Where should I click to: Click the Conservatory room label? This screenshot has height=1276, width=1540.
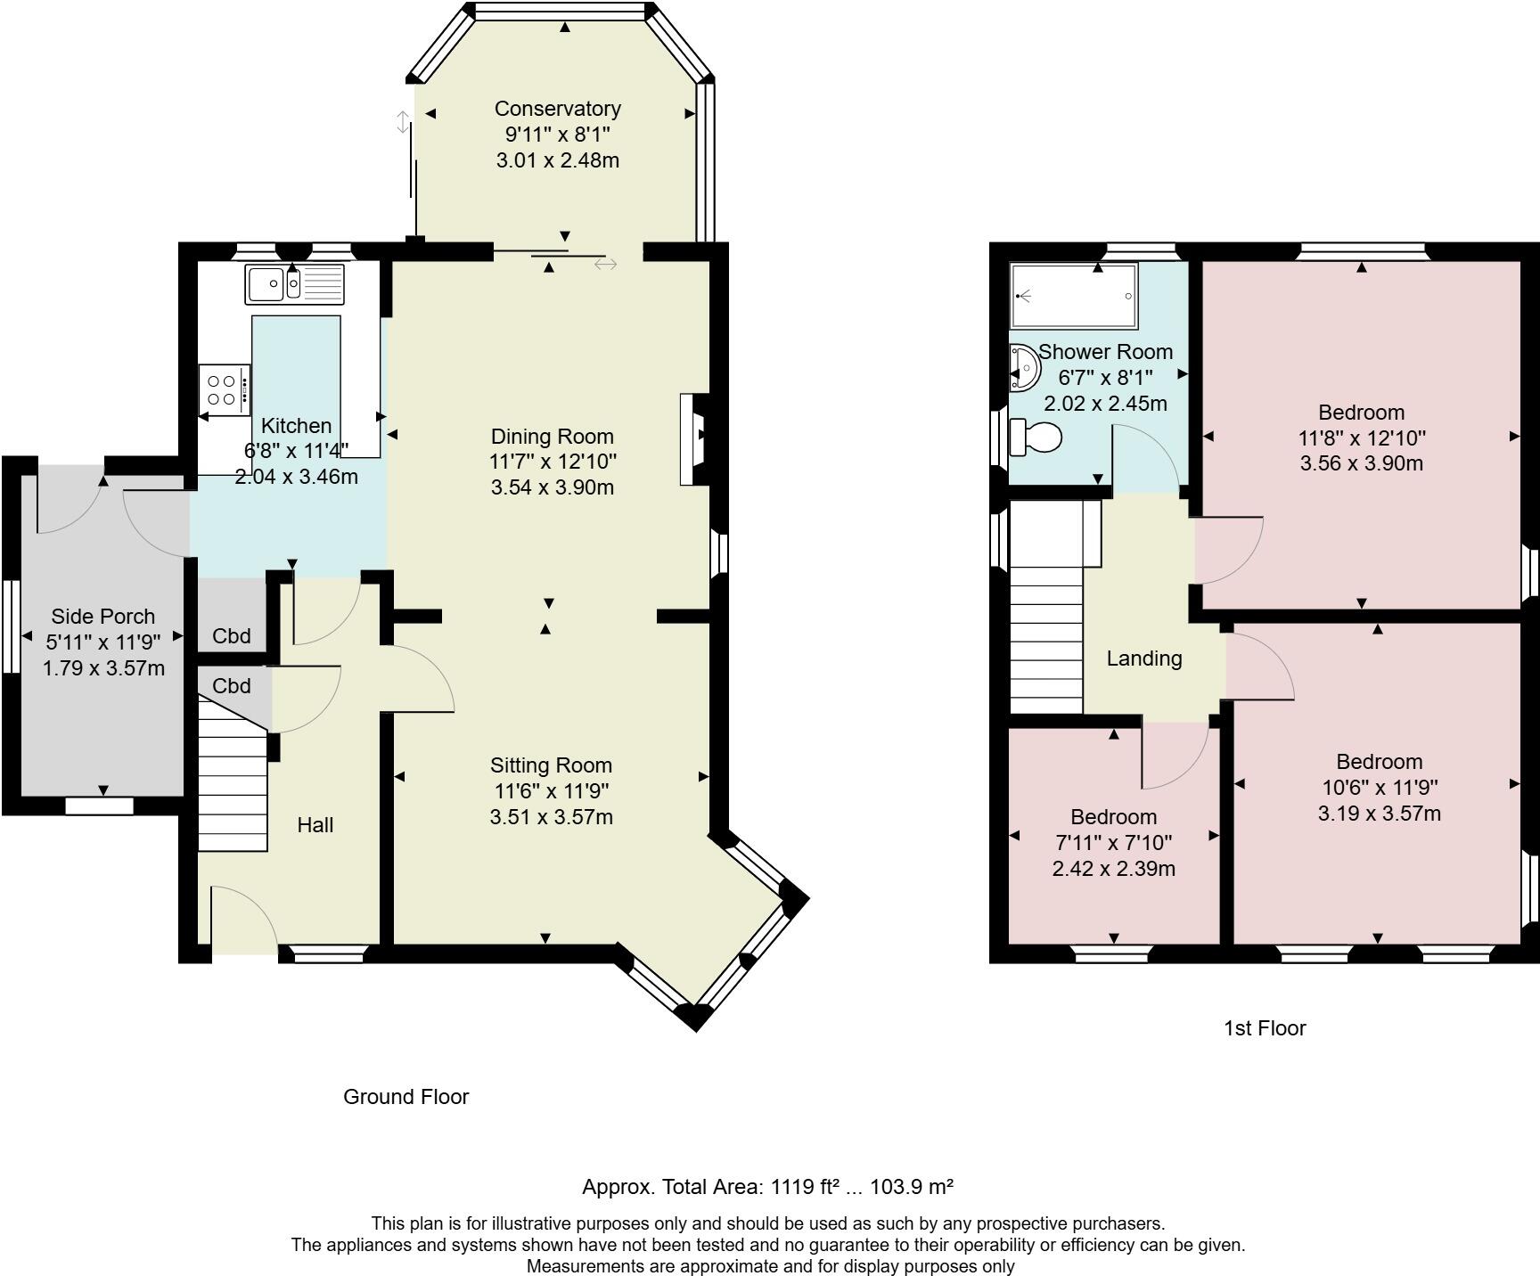(557, 109)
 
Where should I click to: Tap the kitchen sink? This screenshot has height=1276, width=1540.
(294, 284)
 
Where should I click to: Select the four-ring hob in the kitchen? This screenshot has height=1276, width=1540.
(224, 389)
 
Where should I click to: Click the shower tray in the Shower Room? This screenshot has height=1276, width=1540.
(1074, 295)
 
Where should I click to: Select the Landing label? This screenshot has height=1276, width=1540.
(1144, 658)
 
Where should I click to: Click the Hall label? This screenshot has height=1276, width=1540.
(315, 825)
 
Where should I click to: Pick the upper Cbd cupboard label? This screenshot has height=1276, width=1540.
(232, 636)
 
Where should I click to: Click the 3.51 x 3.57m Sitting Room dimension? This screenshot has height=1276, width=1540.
(551, 817)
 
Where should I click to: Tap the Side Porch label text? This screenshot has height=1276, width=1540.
(102, 617)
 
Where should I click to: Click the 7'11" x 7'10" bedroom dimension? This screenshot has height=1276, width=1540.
(1113, 843)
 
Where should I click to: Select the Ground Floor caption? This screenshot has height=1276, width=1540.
(405, 1097)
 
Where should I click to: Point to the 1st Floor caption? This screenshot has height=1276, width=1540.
(1264, 1028)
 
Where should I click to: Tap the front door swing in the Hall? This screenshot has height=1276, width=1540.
(242, 918)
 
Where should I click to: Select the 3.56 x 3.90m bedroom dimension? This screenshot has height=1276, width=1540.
(1361, 463)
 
